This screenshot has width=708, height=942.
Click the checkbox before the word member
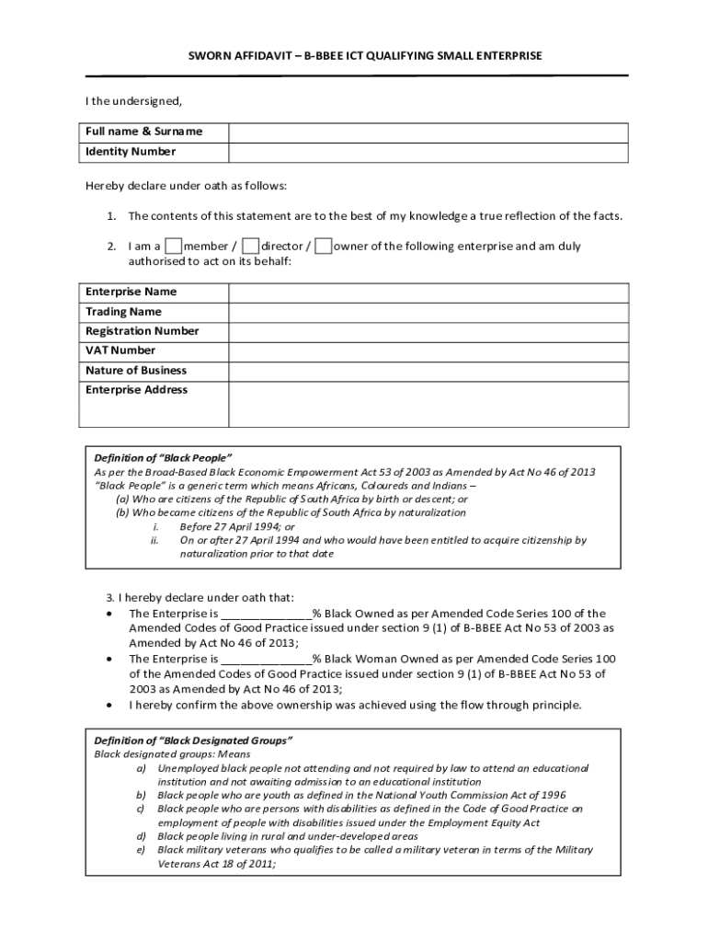coord(173,246)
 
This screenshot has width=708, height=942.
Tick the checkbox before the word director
coord(250,246)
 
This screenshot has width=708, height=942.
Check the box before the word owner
coord(323,246)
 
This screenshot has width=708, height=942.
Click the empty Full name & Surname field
coord(428,132)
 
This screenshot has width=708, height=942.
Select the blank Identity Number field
coord(428,153)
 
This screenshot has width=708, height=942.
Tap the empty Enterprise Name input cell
coord(428,293)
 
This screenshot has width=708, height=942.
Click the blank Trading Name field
coord(428,312)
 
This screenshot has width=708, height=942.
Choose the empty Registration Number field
coord(428,331)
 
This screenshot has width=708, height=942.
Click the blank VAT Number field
coord(428,350)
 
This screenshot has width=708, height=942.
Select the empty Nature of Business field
coord(428,371)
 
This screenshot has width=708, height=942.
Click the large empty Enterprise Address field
coord(428,404)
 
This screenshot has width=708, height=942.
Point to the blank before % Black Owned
coord(266,614)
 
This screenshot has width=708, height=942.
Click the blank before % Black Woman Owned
coord(266,660)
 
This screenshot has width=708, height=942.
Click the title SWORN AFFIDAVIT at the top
coord(365,56)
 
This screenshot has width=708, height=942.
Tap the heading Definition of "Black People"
coord(163,458)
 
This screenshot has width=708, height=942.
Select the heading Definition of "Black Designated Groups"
coord(193,741)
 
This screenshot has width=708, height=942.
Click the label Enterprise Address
coord(136,390)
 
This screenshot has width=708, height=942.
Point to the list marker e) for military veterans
coord(142,851)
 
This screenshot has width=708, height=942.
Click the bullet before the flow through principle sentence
coord(110,706)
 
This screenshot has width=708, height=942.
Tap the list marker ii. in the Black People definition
coord(155,541)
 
